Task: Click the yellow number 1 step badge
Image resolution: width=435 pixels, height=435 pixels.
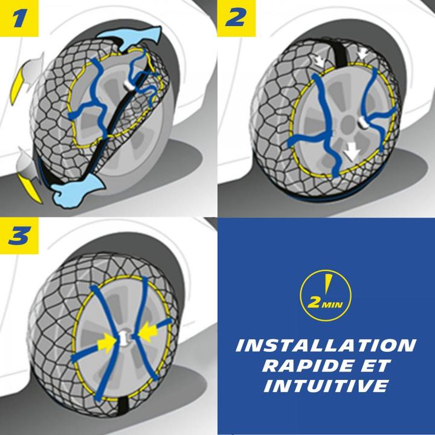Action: tap(21, 19)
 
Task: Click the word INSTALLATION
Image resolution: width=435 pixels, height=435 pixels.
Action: tap(325, 346)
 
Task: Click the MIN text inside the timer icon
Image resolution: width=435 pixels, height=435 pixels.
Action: tap(332, 303)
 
